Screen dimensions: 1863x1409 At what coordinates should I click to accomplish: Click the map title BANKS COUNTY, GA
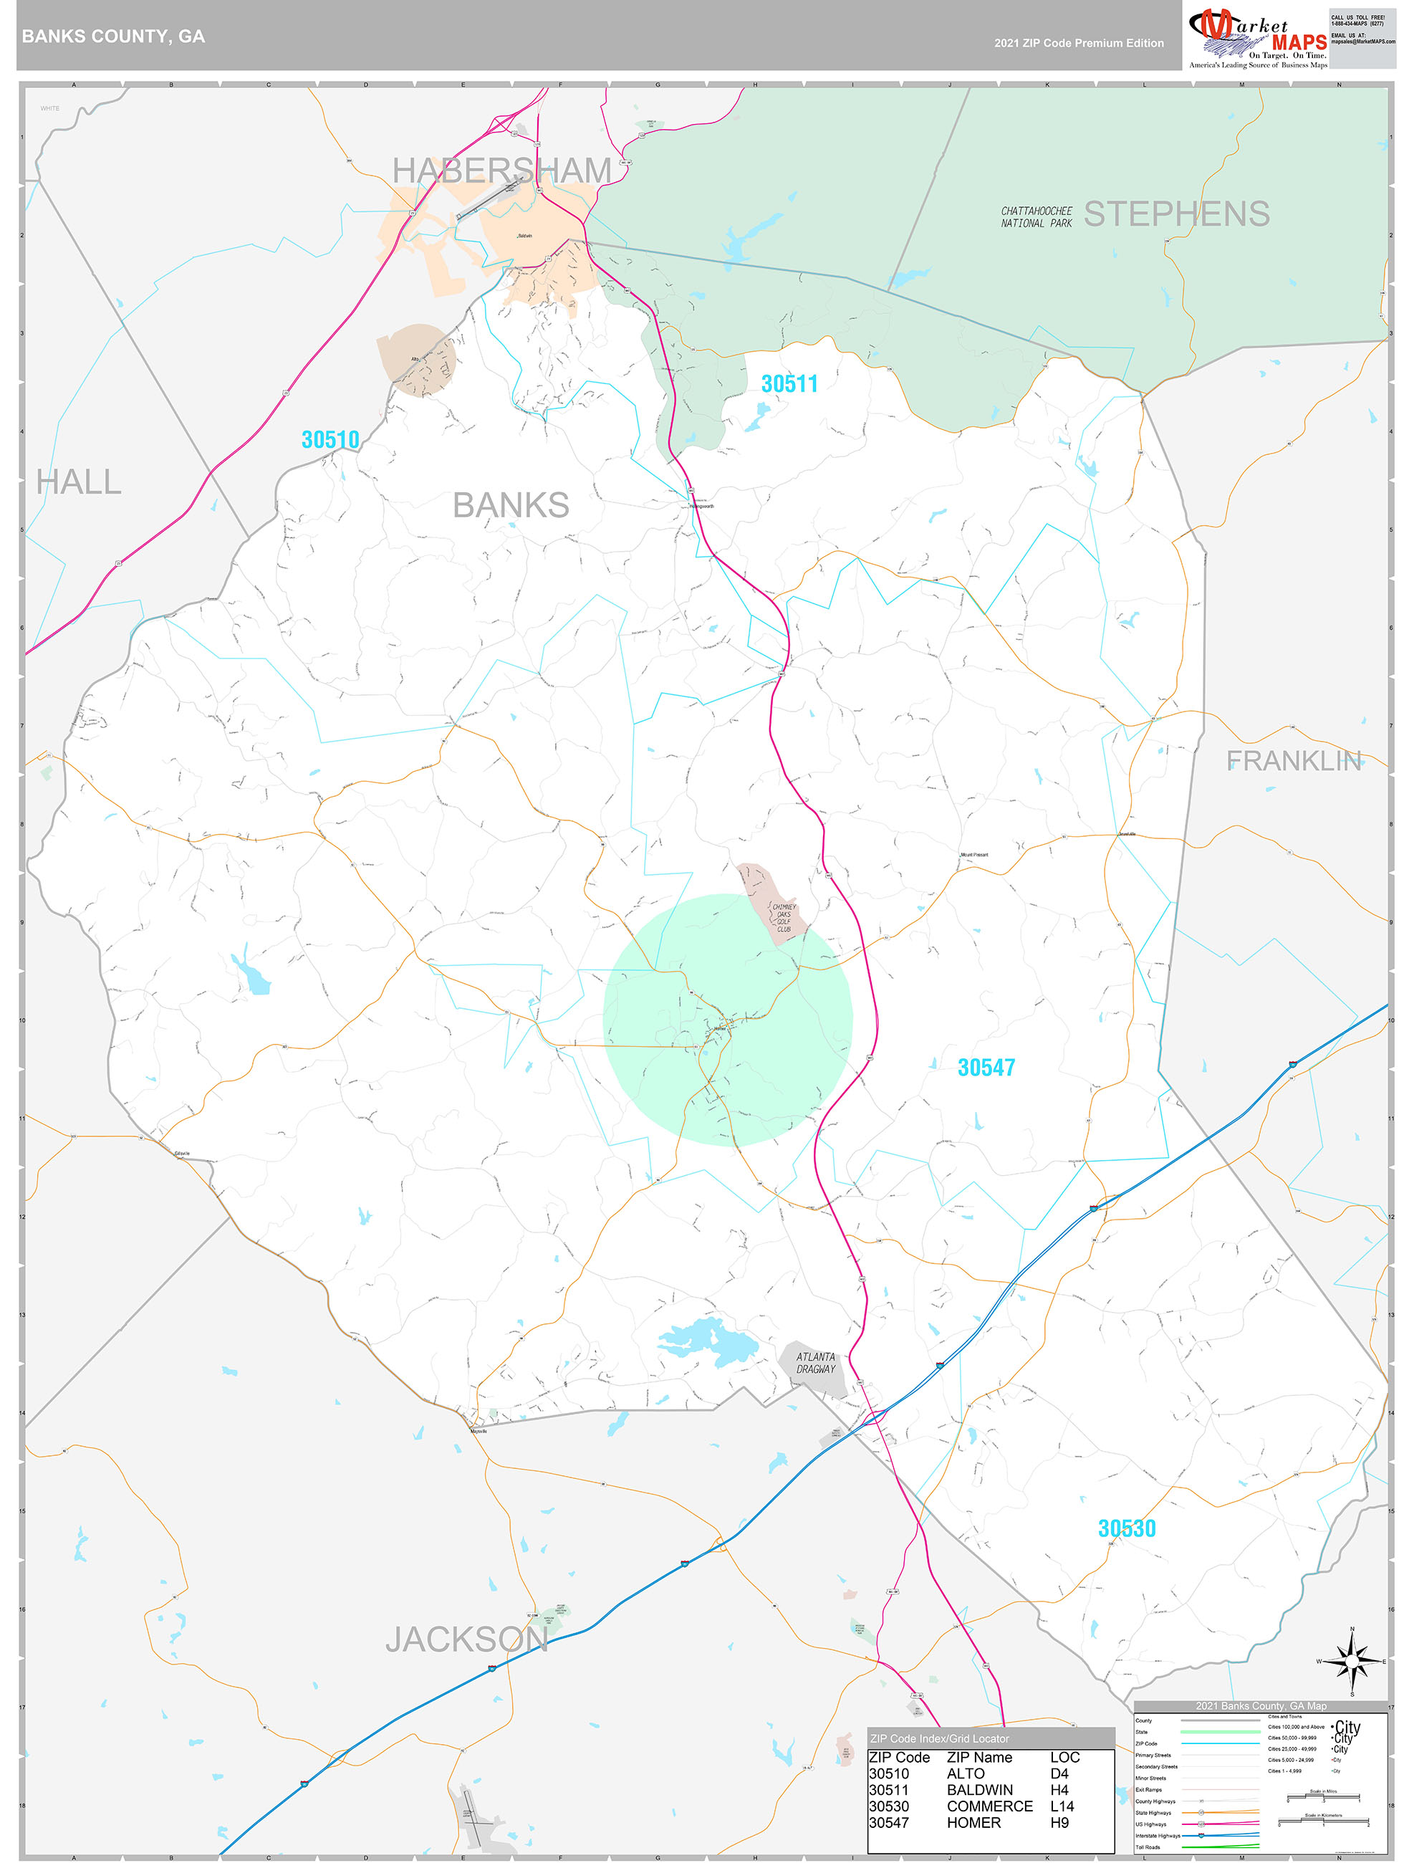tap(114, 37)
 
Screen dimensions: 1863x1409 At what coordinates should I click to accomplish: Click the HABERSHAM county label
tap(502, 170)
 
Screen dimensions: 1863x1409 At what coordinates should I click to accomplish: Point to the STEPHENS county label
tap(1176, 214)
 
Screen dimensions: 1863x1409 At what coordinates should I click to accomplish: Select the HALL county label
tap(78, 483)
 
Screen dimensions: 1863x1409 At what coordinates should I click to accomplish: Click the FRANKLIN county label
tap(1294, 762)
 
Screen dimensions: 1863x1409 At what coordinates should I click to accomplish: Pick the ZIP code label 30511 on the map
tap(789, 384)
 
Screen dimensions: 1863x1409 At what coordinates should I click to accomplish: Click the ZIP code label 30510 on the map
tap(330, 440)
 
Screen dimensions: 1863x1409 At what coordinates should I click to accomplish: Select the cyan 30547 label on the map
tap(986, 1068)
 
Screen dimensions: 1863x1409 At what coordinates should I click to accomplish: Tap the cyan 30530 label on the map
tap(1127, 1528)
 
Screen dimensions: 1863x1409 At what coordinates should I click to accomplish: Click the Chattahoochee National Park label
tap(1037, 217)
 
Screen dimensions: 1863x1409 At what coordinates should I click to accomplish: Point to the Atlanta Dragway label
tap(816, 1363)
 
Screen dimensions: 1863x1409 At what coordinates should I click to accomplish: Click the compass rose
tap(1352, 1662)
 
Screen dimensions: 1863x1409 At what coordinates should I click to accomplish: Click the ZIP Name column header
tap(979, 1758)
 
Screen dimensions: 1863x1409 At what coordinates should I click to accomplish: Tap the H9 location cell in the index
tap(1059, 1823)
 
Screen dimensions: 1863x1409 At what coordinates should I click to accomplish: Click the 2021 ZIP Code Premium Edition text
tap(1079, 44)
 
